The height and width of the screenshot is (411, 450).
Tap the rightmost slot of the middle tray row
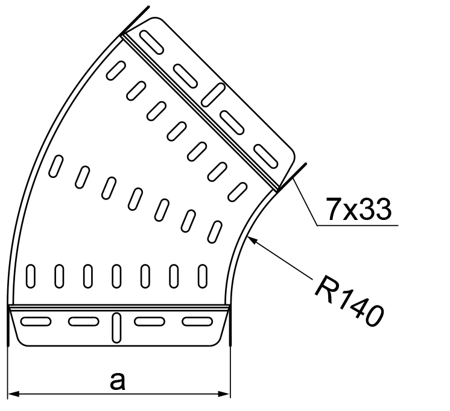pyautogui.click(x=215, y=231)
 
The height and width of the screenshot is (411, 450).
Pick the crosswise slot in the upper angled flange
pyautogui.click(x=215, y=94)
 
